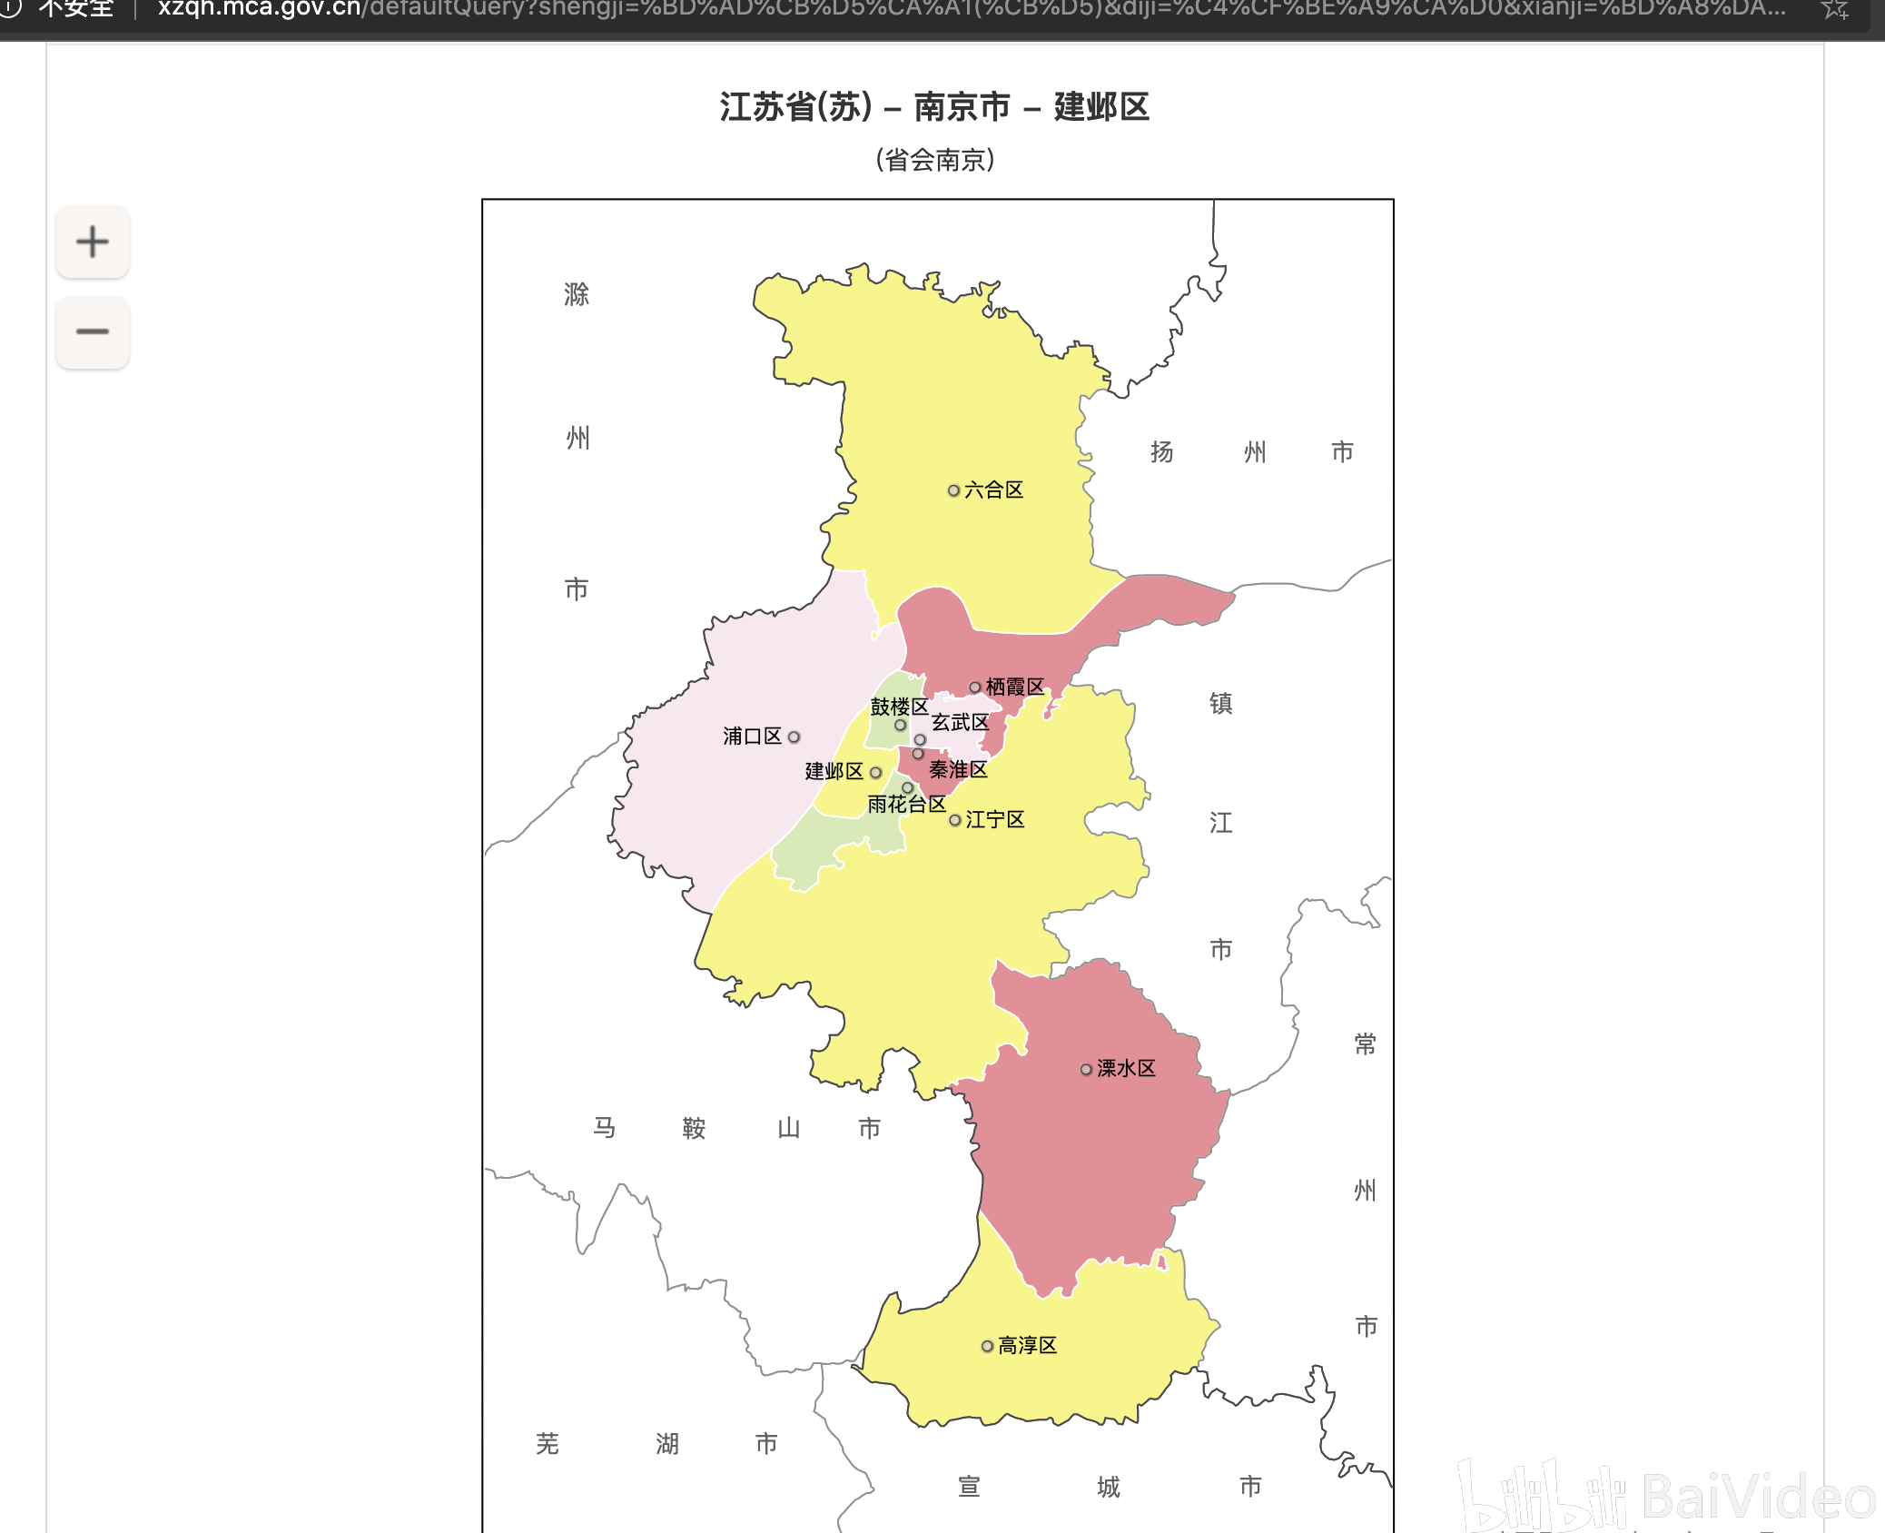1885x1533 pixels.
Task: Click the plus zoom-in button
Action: (x=92, y=242)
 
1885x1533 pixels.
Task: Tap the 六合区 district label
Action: (x=993, y=490)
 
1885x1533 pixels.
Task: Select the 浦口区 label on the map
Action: (x=752, y=737)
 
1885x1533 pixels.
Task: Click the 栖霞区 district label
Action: (x=1015, y=687)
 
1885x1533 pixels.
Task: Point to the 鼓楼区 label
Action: (x=899, y=707)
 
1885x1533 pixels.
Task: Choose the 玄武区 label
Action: (x=960, y=723)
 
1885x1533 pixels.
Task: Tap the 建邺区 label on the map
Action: (x=834, y=772)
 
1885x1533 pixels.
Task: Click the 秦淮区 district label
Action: (x=958, y=770)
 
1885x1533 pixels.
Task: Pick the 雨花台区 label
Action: (x=906, y=805)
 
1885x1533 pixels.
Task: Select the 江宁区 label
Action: (x=995, y=820)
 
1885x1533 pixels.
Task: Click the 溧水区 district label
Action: (x=1126, y=1069)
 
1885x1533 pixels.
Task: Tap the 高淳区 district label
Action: (x=1028, y=1346)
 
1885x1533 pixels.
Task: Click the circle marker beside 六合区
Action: (x=953, y=490)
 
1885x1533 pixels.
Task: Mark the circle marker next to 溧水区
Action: (x=1086, y=1070)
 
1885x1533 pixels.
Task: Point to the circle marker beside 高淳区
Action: (x=987, y=1347)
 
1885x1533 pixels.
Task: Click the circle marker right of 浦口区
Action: (x=794, y=737)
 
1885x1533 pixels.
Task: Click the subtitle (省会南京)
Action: (x=935, y=161)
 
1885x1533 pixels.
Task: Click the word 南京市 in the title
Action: (x=962, y=107)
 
